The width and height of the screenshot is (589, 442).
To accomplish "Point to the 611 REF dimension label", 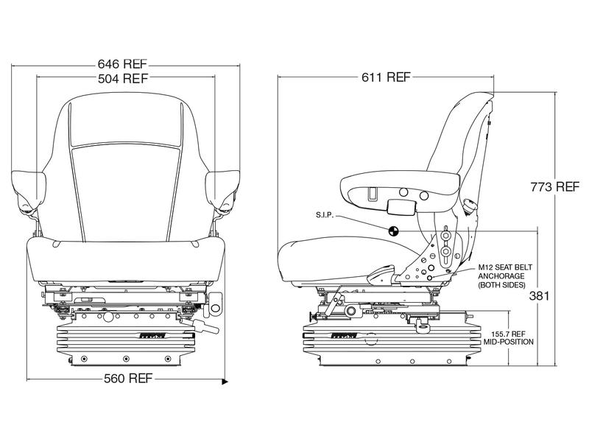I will pos(387,77).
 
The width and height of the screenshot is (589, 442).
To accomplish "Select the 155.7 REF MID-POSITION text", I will pos(508,337).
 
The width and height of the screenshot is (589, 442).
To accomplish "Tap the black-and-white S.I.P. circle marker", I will pos(392,229).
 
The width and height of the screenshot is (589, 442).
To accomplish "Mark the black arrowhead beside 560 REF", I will pos(226,382).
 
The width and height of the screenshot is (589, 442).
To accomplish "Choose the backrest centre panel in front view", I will pos(124,184).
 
